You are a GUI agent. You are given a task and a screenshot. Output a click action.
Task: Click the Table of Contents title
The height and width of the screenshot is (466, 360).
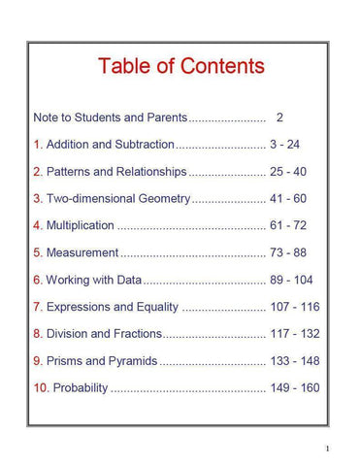[180, 66]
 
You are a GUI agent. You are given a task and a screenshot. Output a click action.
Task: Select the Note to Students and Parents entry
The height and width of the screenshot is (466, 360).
[110, 117]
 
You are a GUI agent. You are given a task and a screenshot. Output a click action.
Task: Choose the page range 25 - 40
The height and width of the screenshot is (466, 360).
[288, 172]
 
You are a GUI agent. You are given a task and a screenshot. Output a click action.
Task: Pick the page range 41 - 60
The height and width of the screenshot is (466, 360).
[288, 199]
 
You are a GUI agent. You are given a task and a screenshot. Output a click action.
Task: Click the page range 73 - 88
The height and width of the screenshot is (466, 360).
[288, 253]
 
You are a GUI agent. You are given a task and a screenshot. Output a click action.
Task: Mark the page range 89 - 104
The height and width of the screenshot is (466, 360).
[292, 281]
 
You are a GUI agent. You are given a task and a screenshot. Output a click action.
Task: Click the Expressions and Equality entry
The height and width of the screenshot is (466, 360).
[113, 308]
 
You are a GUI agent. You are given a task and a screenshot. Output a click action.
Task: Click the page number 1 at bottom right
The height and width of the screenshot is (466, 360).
[328, 449]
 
